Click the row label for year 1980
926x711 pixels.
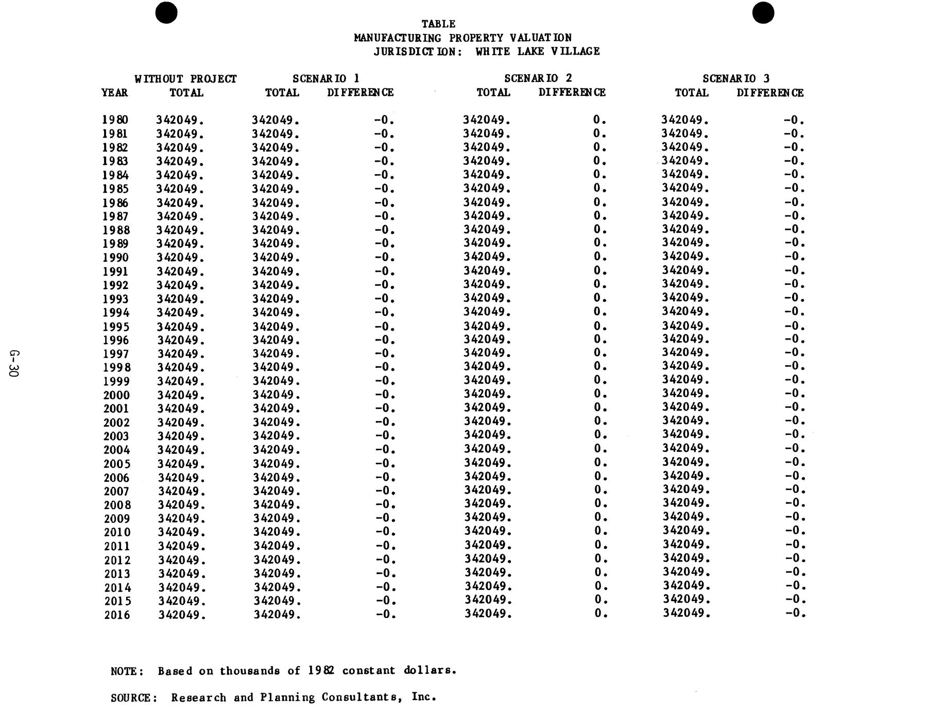115,120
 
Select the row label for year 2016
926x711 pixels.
117,615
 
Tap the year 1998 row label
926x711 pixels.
116,367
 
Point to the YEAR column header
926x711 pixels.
114,93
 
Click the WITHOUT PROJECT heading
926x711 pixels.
185,79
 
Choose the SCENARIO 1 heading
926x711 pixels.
325,78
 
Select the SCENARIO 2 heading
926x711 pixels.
538,78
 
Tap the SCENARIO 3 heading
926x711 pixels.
736,78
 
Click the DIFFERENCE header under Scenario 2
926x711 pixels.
572,93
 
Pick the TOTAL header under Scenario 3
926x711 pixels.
692,93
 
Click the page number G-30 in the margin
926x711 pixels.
14,363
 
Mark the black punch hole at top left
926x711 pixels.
166,12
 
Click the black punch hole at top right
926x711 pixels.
763,12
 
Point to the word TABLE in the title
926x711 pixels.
438,24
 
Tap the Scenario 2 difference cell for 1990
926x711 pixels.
599,257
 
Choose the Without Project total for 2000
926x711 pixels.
181,395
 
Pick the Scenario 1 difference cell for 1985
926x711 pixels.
384,189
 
